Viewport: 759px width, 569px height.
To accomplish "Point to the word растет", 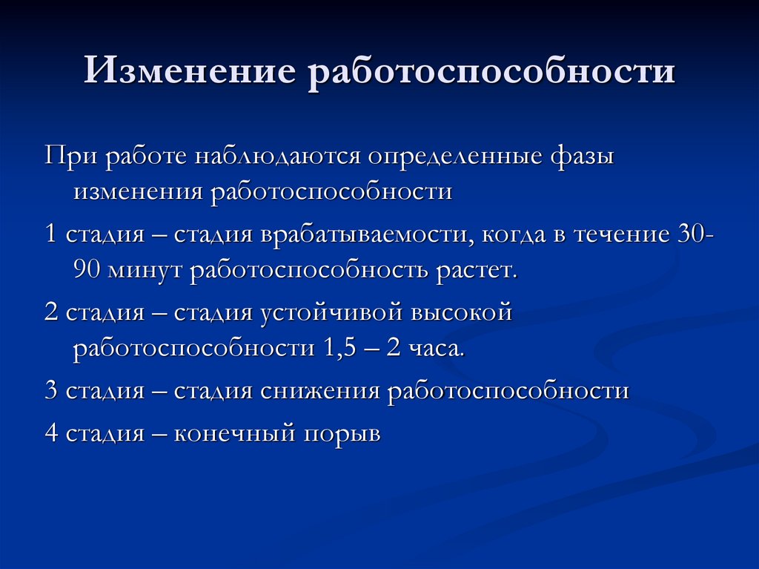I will click(471, 270).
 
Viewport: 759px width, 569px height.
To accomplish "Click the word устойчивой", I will click(332, 313).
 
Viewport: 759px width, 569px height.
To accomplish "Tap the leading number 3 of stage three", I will click(51, 391).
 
